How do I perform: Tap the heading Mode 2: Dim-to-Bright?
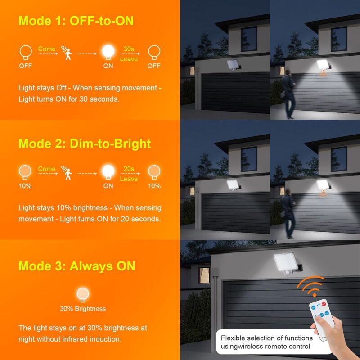(85, 144)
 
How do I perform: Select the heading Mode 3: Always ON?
(76, 265)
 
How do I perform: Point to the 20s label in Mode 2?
(129, 169)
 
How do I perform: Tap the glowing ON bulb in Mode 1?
(108, 52)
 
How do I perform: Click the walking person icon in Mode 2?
(69, 173)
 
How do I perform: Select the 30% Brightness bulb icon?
(83, 294)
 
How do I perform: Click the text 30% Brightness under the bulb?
(83, 309)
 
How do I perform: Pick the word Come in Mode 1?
(47, 49)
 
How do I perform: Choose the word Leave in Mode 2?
(129, 179)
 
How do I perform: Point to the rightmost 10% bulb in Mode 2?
(154, 171)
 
